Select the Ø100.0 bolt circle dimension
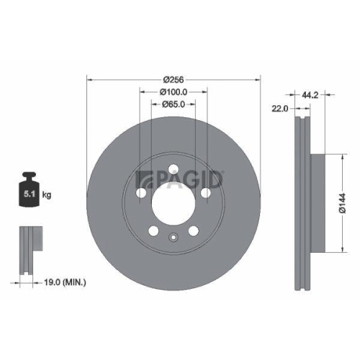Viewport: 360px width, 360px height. [173, 91]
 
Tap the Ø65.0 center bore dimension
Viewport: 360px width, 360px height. [173, 104]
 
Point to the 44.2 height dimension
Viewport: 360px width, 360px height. [310, 93]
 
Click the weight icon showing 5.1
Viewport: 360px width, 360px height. [30, 192]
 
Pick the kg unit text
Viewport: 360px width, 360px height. [48, 195]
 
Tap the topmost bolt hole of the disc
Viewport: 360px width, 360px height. [173, 170]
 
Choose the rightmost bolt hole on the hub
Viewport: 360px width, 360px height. [206, 193]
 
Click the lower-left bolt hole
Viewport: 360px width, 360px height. [153, 232]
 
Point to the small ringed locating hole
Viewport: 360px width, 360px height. [173, 239]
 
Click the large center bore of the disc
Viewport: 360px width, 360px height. [173, 204]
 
